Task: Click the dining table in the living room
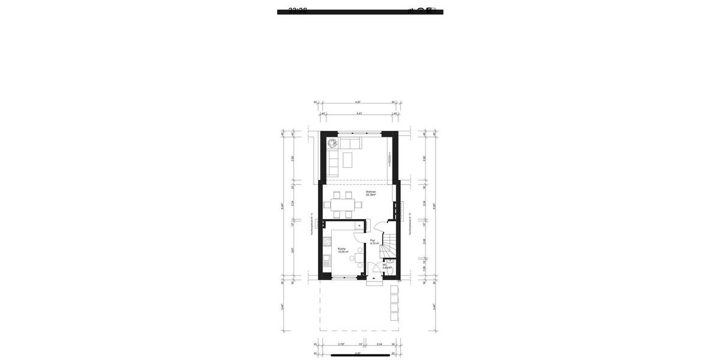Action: coord(343,205)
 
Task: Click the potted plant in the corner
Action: coord(332,143)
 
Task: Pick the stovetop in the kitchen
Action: coord(327,242)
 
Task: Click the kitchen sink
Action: coord(327,261)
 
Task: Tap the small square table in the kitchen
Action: coord(359,258)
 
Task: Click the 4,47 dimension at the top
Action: coord(359,113)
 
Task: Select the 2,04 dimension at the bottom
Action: coord(379,344)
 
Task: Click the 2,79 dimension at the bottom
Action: coord(341,344)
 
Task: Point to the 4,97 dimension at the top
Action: coord(358,102)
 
